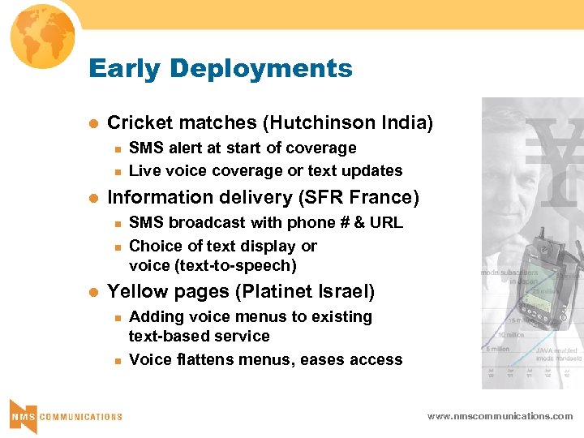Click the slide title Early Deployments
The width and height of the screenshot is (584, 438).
(x=221, y=68)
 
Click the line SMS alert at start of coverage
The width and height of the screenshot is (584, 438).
(x=243, y=148)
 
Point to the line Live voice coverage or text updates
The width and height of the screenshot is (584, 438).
(x=265, y=171)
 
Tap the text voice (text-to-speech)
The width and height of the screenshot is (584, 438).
(x=213, y=266)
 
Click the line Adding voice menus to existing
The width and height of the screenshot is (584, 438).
(x=251, y=317)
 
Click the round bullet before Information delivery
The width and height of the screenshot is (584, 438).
(x=93, y=198)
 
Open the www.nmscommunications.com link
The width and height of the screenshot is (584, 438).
(x=500, y=416)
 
